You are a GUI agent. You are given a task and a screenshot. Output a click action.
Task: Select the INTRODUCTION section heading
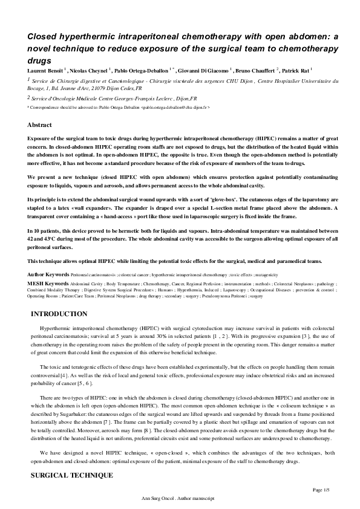58,314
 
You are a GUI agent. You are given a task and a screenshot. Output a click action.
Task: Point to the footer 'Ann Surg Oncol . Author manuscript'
180,499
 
